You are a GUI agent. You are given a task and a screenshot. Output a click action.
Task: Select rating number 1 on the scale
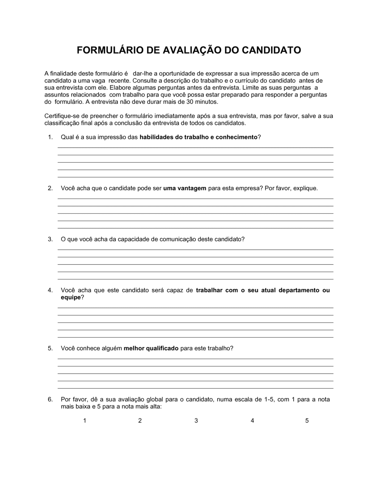pyautogui.click(x=85, y=421)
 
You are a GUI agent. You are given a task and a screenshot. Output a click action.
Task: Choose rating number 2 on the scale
pyautogui.click(x=140, y=421)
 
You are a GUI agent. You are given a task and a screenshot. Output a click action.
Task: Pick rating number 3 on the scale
pyautogui.click(x=196, y=421)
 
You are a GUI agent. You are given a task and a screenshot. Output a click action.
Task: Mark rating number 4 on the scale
pyautogui.click(x=252, y=421)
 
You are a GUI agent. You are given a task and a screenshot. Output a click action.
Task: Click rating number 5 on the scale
pyautogui.click(x=307, y=421)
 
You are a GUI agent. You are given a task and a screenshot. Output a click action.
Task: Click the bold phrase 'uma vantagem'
pyautogui.click(x=185, y=188)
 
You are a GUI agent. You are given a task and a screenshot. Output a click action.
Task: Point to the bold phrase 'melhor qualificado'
pyautogui.click(x=151, y=348)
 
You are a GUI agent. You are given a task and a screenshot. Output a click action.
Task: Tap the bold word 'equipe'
pyautogui.click(x=71, y=297)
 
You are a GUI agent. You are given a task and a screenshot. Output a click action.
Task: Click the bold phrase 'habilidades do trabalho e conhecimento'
pyautogui.click(x=198, y=137)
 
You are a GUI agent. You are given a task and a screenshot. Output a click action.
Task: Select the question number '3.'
pyautogui.click(x=50, y=239)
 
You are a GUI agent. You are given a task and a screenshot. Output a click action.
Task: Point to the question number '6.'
pyautogui.click(x=50, y=399)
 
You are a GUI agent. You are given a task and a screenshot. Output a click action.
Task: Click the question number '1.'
pyautogui.click(x=50, y=137)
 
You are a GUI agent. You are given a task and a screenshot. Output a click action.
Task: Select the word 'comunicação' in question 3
pyautogui.click(x=178, y=239)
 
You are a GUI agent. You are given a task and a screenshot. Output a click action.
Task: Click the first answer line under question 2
pyautogui.click(x=195, y=199)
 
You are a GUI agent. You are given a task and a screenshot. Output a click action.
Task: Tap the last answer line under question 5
pyautogui.click(x=195, y=388)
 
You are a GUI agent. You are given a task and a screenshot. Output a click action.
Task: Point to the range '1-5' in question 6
pyautogui.click(x=269, y=399)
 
